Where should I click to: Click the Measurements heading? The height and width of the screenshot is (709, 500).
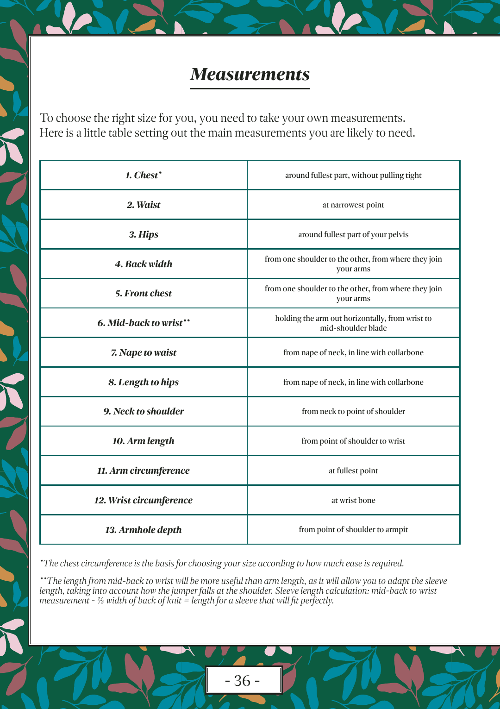tap(250, 75)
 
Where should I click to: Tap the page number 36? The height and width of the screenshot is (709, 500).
tap(242, 680)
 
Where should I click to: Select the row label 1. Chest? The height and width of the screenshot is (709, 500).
tap(144, 176)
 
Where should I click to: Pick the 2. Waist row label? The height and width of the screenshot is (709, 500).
tap(144, 205)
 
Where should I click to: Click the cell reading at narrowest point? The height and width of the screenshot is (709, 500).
tap(353, 205)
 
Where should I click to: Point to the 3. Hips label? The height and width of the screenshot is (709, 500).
tap(144, 235)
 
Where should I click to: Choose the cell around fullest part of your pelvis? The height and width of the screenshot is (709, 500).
tap(353, 235)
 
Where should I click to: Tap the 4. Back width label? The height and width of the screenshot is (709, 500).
tap(144, 264)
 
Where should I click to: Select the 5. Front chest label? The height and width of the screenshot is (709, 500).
tap(144, 294)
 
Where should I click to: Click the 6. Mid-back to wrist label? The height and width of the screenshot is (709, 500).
tap(144, 323)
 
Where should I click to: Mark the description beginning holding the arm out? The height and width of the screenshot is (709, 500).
tap(353, 323)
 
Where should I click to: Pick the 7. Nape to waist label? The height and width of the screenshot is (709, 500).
tap(144, 353)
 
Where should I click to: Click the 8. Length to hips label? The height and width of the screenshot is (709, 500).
tap(144, 383)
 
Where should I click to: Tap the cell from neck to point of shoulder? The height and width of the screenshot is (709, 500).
tap(353, 412)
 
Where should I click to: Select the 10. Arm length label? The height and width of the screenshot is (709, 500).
tap(144, 441)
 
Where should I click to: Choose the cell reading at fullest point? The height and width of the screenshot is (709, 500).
tap(353, 471)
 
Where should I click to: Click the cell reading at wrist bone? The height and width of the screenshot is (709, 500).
tap(353, 501)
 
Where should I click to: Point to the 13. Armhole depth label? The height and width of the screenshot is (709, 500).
tap(144, 530)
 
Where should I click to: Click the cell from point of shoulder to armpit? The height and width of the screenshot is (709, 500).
tap(353, 530)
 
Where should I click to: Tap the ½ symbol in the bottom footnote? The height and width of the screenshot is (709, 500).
tap(100, 601)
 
